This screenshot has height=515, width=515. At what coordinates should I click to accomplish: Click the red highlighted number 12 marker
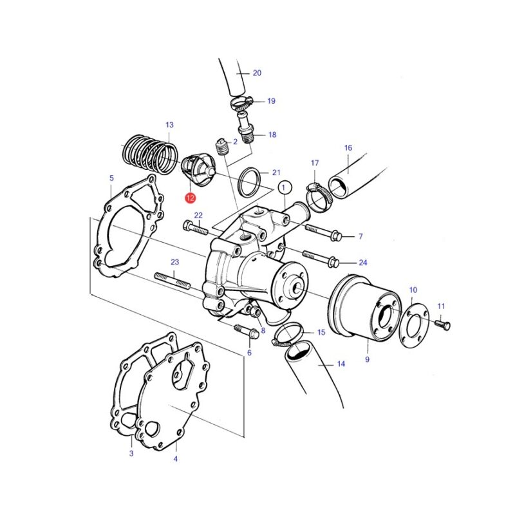pyautogui.click(x=190, y=198)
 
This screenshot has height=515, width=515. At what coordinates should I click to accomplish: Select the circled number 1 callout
pyautogui.click(x=285, y=188)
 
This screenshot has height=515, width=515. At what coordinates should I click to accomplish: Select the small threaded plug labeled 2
pyautogui.click(x=222, y=147)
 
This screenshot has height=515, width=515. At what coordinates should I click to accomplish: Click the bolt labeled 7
pyautogui.click(x=324, y=232)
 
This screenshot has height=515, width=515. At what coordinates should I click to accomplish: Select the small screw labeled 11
pyautogui.click(x=443, y=324)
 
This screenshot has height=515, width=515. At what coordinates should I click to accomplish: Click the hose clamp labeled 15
pyautogui.click(x=287, y=333)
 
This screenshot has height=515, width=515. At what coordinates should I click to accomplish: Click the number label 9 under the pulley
pyautogui.click(x=367, y=359)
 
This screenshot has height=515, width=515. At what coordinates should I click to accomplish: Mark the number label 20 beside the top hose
pyautogui.click(x=257, y=73)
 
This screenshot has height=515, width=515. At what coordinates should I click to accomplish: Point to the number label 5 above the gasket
pyautogui.click(x=111, y=178)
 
